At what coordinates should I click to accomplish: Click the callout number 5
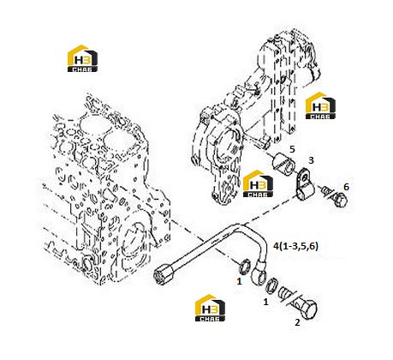click(292, 149)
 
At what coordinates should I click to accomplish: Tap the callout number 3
click(311, 160)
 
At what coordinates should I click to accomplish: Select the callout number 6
click(346, 187)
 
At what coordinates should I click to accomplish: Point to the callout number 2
click(297, 322)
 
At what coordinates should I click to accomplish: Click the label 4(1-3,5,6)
click(295, 246)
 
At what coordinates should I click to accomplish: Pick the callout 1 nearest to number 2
click(265, 302)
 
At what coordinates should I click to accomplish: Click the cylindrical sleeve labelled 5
click(283, 163)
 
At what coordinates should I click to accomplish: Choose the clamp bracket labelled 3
click(304, 184)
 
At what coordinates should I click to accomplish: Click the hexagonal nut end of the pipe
click(162, 273)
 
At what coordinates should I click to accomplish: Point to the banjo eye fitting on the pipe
click(259, 273)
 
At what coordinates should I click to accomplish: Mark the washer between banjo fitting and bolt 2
click(271, 285)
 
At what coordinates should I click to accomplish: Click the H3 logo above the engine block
click(82, 58)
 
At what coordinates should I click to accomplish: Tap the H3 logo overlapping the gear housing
click(258, 183)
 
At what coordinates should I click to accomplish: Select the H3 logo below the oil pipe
click(210, 308)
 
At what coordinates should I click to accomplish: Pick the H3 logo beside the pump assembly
click(320, 105)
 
